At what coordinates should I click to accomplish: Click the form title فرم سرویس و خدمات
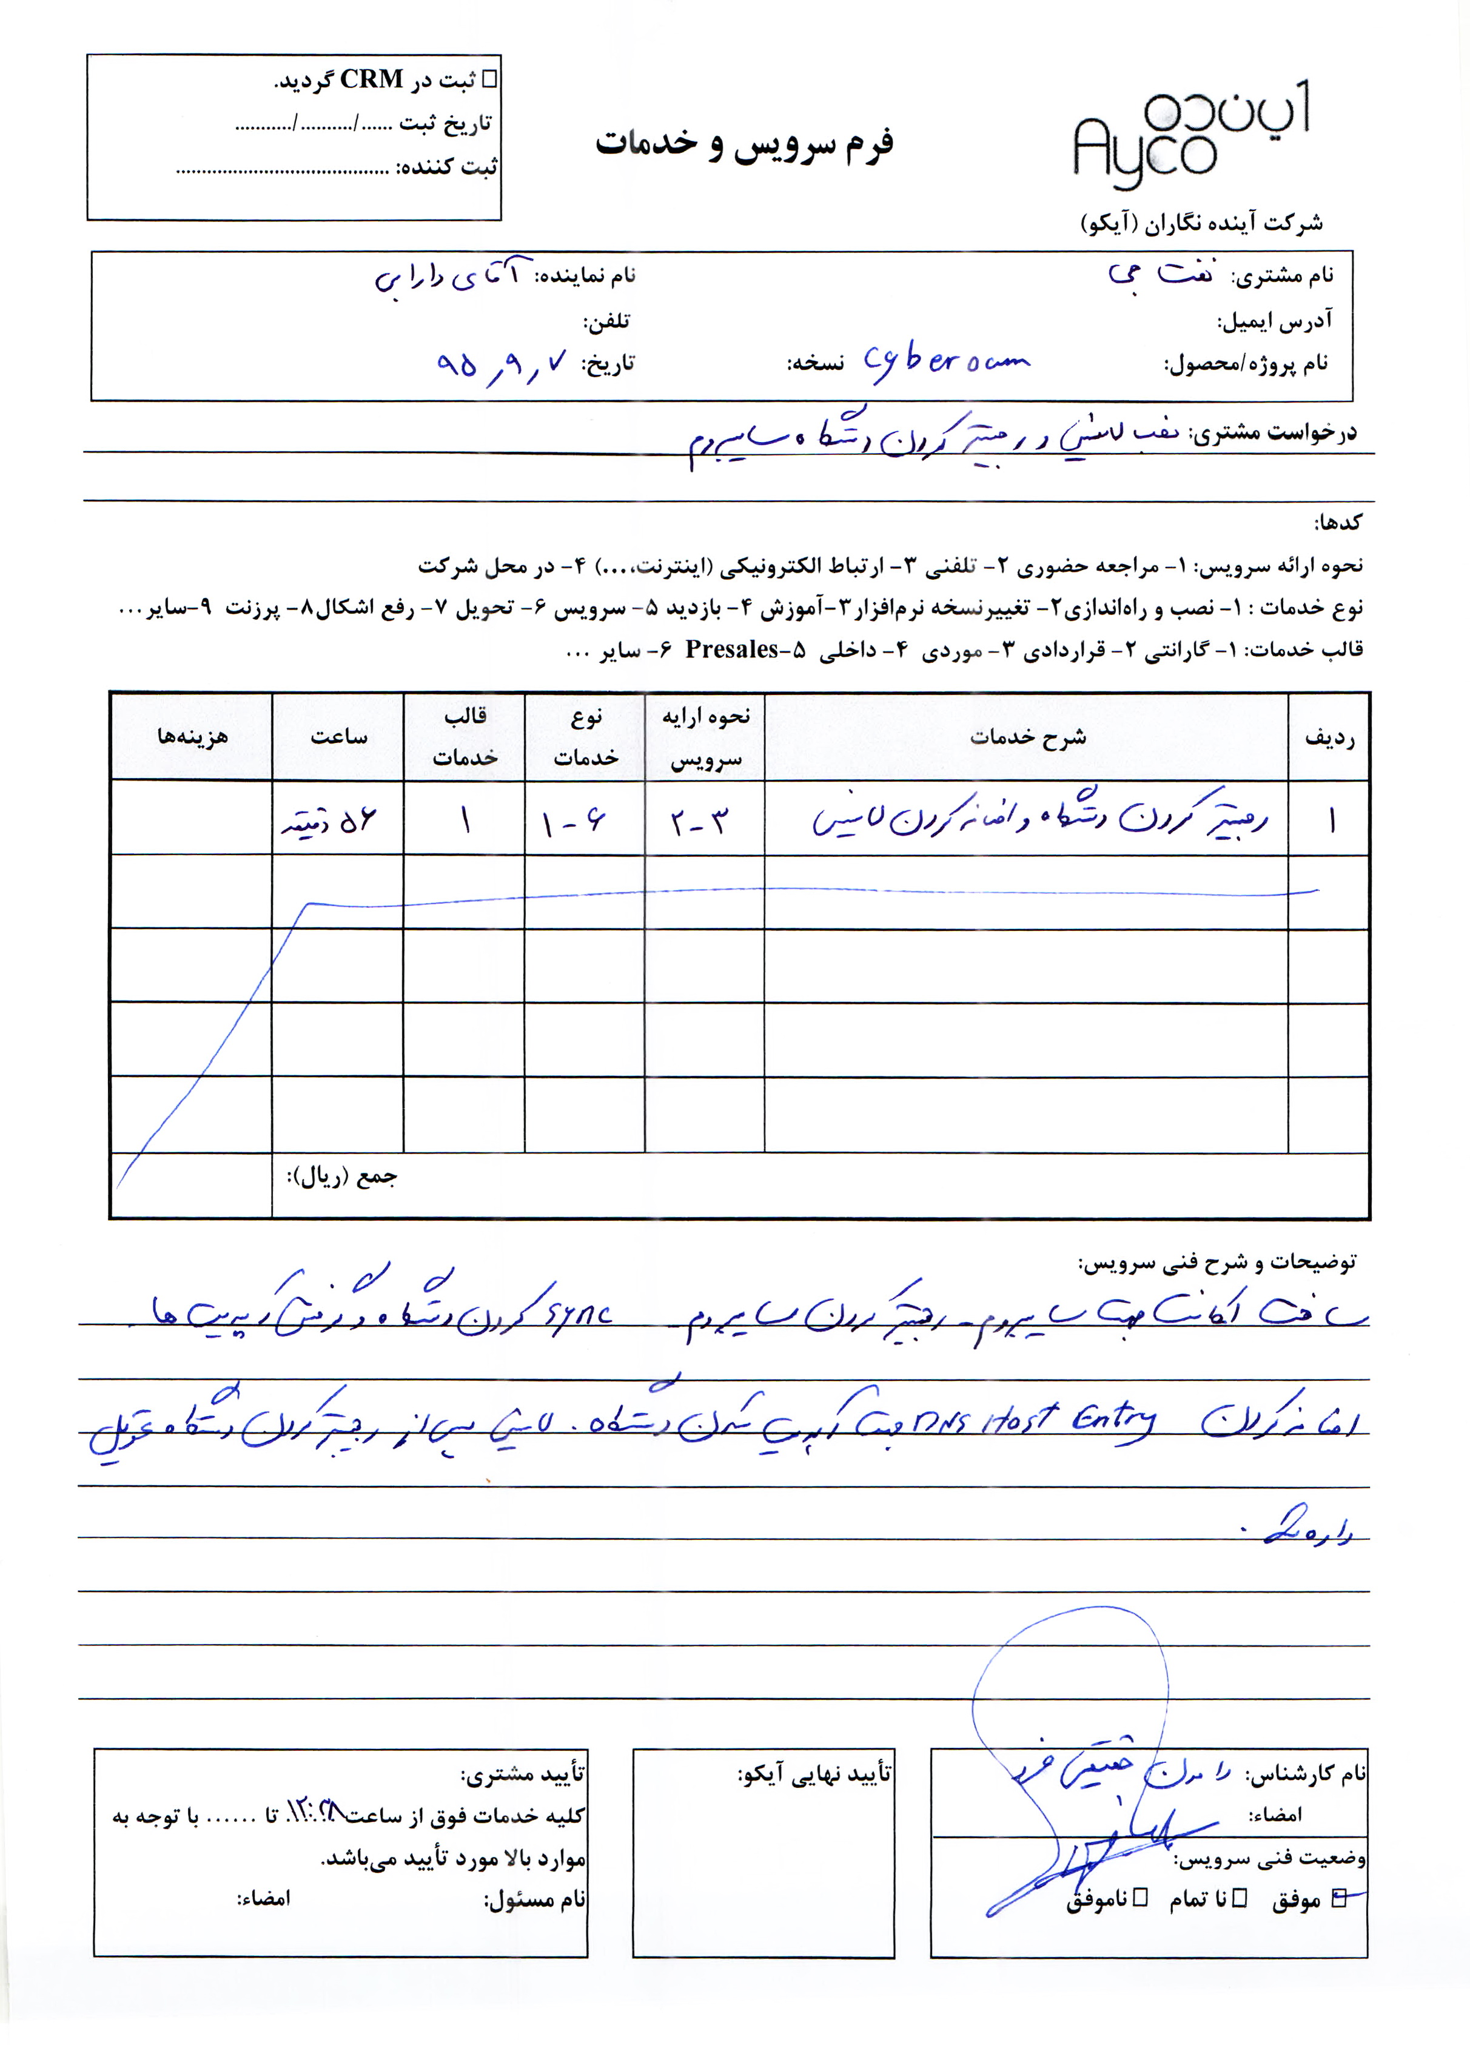click(744, 144)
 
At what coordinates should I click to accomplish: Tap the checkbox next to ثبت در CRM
click(490, 79)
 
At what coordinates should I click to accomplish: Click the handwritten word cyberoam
click(945, 363)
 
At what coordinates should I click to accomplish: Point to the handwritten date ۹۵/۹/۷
click(500, 363)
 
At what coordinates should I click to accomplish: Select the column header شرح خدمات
click(1027, 737)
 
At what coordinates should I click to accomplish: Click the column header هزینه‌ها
click(192, 737)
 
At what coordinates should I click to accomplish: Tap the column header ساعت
click(338, 737)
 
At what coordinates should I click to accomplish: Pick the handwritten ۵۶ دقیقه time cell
click(329, 821)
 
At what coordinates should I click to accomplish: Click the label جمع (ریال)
click(342, 1177)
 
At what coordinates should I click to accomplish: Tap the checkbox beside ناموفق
click(1140, 1897)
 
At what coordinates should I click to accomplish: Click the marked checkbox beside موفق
click(1338, 1897)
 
